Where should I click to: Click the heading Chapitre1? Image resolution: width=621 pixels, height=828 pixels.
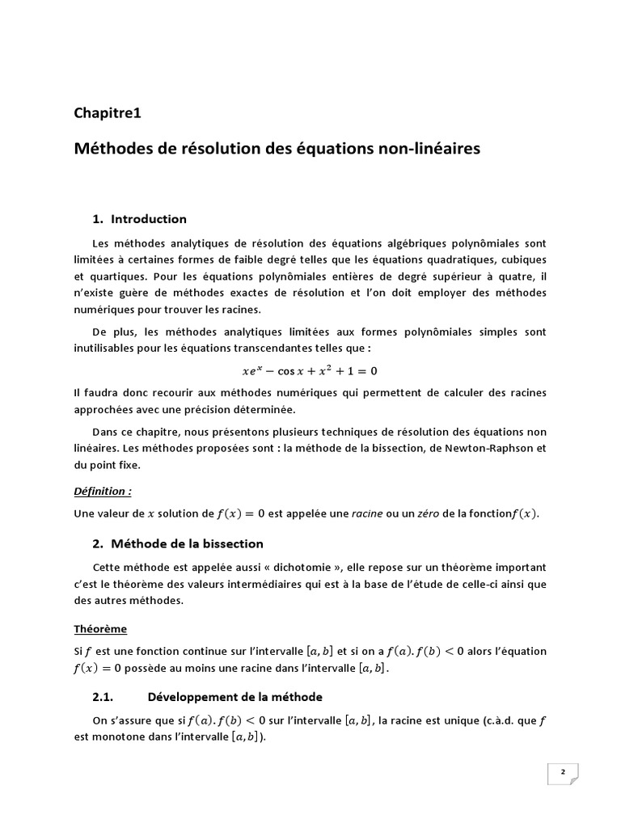tap(108, 113)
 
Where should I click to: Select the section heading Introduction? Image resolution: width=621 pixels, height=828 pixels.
tap(149, 219)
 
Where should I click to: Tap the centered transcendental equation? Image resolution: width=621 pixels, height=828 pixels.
tap(310, 371)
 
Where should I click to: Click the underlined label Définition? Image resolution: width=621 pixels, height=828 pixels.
tap(102, 491)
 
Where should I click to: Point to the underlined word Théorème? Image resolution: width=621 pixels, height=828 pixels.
tap(100, 628)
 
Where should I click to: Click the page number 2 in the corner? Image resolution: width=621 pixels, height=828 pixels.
tap(563, 773)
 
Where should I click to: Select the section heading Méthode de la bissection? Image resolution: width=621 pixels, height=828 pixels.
tap(187, 543)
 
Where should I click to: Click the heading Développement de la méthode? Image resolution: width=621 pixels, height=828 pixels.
tap(234, 697)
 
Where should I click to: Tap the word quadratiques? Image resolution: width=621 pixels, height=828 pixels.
tap(458, 259)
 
